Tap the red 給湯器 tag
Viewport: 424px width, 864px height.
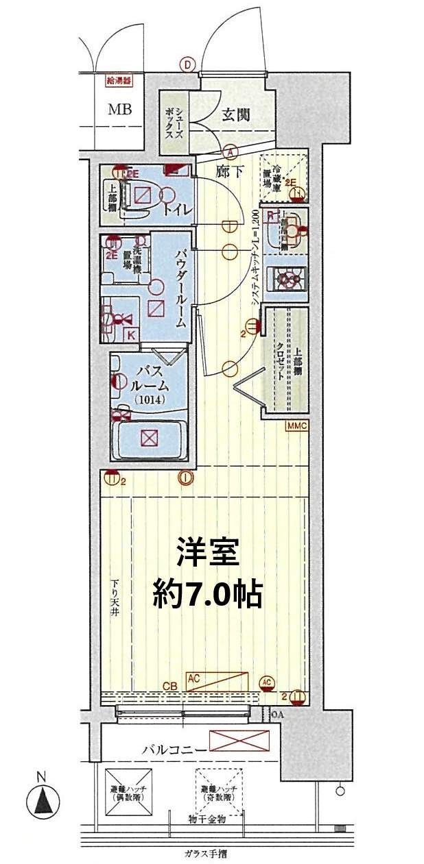118,80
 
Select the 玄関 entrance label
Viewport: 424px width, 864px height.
235,114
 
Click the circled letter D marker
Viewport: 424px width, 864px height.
187,64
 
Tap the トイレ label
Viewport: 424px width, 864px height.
177,209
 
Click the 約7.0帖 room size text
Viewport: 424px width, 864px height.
207,594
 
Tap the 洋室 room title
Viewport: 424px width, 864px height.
207,552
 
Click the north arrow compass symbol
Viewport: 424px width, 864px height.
42,799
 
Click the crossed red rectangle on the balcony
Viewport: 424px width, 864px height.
239,741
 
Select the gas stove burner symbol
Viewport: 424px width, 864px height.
287,279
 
